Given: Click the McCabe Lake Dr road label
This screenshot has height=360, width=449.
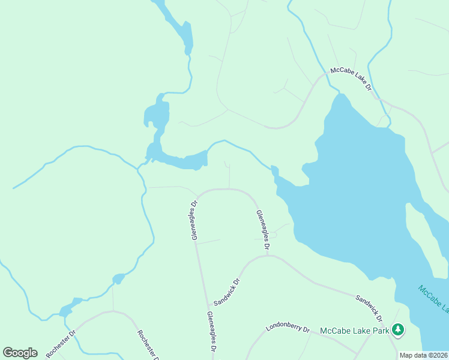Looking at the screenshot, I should coord(351,80).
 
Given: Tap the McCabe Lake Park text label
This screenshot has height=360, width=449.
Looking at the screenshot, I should coord(354,330).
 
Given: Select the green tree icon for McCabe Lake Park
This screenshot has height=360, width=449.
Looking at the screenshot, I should coord(397,329).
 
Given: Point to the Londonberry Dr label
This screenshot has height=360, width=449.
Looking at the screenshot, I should coord(288,329).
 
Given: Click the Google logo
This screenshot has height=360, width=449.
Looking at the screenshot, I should coord(20,353).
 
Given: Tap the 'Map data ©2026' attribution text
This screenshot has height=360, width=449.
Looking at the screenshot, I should coord(423,355).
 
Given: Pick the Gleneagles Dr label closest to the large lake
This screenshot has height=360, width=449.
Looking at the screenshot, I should coord(262,230).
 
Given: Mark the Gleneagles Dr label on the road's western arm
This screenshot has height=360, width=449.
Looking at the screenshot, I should coord(194,220).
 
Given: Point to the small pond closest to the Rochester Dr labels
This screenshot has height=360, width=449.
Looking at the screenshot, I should coord(70,306).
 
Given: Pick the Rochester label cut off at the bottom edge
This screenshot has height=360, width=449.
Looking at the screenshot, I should coord(147,346).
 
